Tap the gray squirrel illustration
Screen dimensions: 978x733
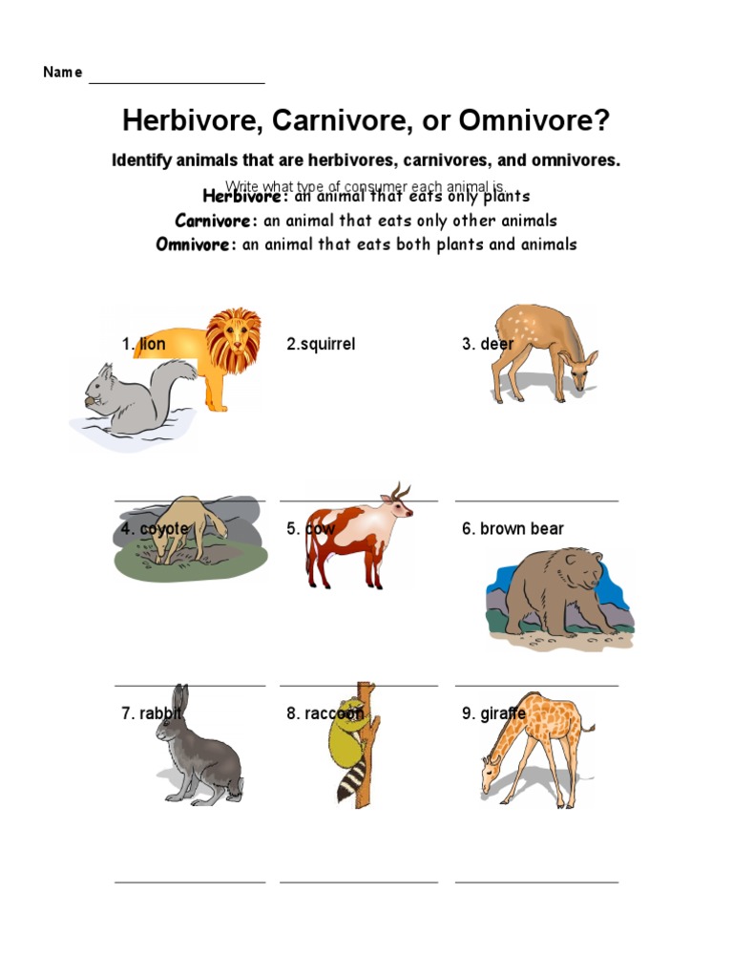(134, 396)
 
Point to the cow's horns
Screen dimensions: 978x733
(400, 492)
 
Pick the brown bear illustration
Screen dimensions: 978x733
(554, 592)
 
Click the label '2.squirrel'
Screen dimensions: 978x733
(321, 344)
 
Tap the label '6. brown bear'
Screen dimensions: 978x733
(513, 528)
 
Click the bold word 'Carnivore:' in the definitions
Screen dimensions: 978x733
(217, 221)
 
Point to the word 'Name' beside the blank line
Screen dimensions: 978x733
(63, 73)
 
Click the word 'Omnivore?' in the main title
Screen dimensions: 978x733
(534, 121)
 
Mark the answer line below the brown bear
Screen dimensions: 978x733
(536, 685)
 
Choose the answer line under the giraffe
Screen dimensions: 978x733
(536, 882)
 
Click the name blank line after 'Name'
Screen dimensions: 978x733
(177, 83)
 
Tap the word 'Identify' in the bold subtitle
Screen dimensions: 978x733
(143, 160)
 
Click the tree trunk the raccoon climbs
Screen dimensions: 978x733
(364, 764)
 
